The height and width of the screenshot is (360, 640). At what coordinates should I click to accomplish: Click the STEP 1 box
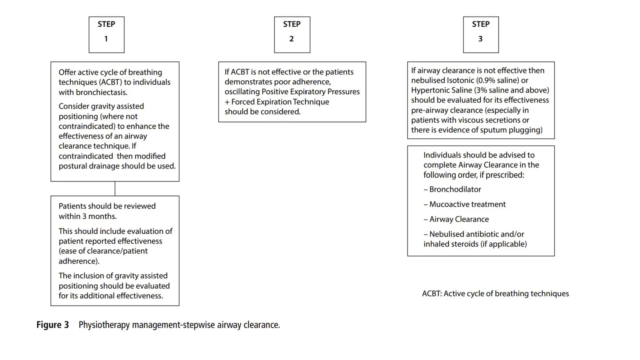[x=106, y=35]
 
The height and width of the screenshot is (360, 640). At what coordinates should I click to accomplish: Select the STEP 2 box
[x=292, y=35]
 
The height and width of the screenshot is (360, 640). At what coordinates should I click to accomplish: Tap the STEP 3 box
[x=481, y=35]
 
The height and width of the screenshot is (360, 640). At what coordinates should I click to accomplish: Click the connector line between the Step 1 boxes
[x=115, y=189]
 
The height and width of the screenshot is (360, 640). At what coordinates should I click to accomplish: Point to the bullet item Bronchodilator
[x=455, y=189]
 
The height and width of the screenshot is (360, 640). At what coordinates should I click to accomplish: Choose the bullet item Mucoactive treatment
[x=467, y=204]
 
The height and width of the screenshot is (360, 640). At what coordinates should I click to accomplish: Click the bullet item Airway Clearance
[x=459, y=219]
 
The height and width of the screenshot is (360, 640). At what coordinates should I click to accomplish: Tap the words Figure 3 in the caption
[x=52, y=325]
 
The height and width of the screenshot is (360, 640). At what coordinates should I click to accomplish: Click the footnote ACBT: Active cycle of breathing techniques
[x=495, y=294]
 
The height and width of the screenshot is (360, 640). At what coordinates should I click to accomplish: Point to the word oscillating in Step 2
[x=242, y=92]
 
